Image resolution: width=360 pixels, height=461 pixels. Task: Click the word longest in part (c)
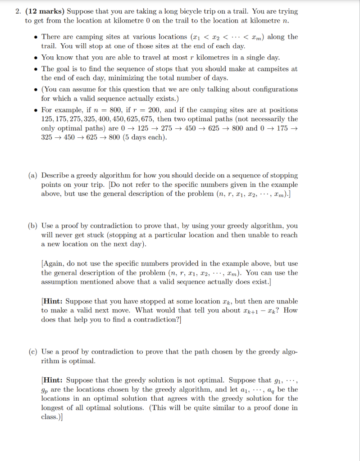pyautogui.click(x=54, y=407)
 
